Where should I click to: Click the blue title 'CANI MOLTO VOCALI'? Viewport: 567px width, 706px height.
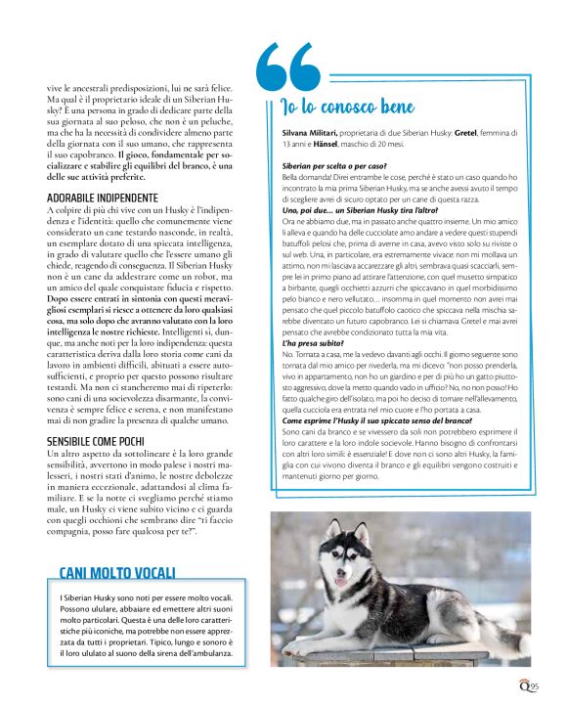click(x=117, y=572)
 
